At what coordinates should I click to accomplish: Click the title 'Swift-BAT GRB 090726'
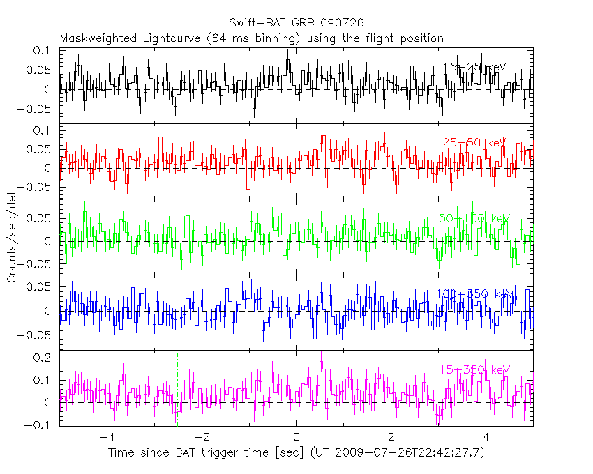[x=296, y=23]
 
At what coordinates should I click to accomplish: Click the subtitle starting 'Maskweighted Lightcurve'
[x=251, y=38]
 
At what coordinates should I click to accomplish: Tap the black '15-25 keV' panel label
[x=475, y=67]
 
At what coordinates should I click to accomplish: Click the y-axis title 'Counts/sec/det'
[x=12, y=237]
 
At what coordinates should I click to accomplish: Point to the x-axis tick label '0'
[x=296, y=437]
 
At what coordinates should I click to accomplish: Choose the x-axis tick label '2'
[x=391, y=437]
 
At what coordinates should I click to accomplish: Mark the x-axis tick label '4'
[x=486, y=437]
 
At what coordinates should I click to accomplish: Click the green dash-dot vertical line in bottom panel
[x=177, y=390]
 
